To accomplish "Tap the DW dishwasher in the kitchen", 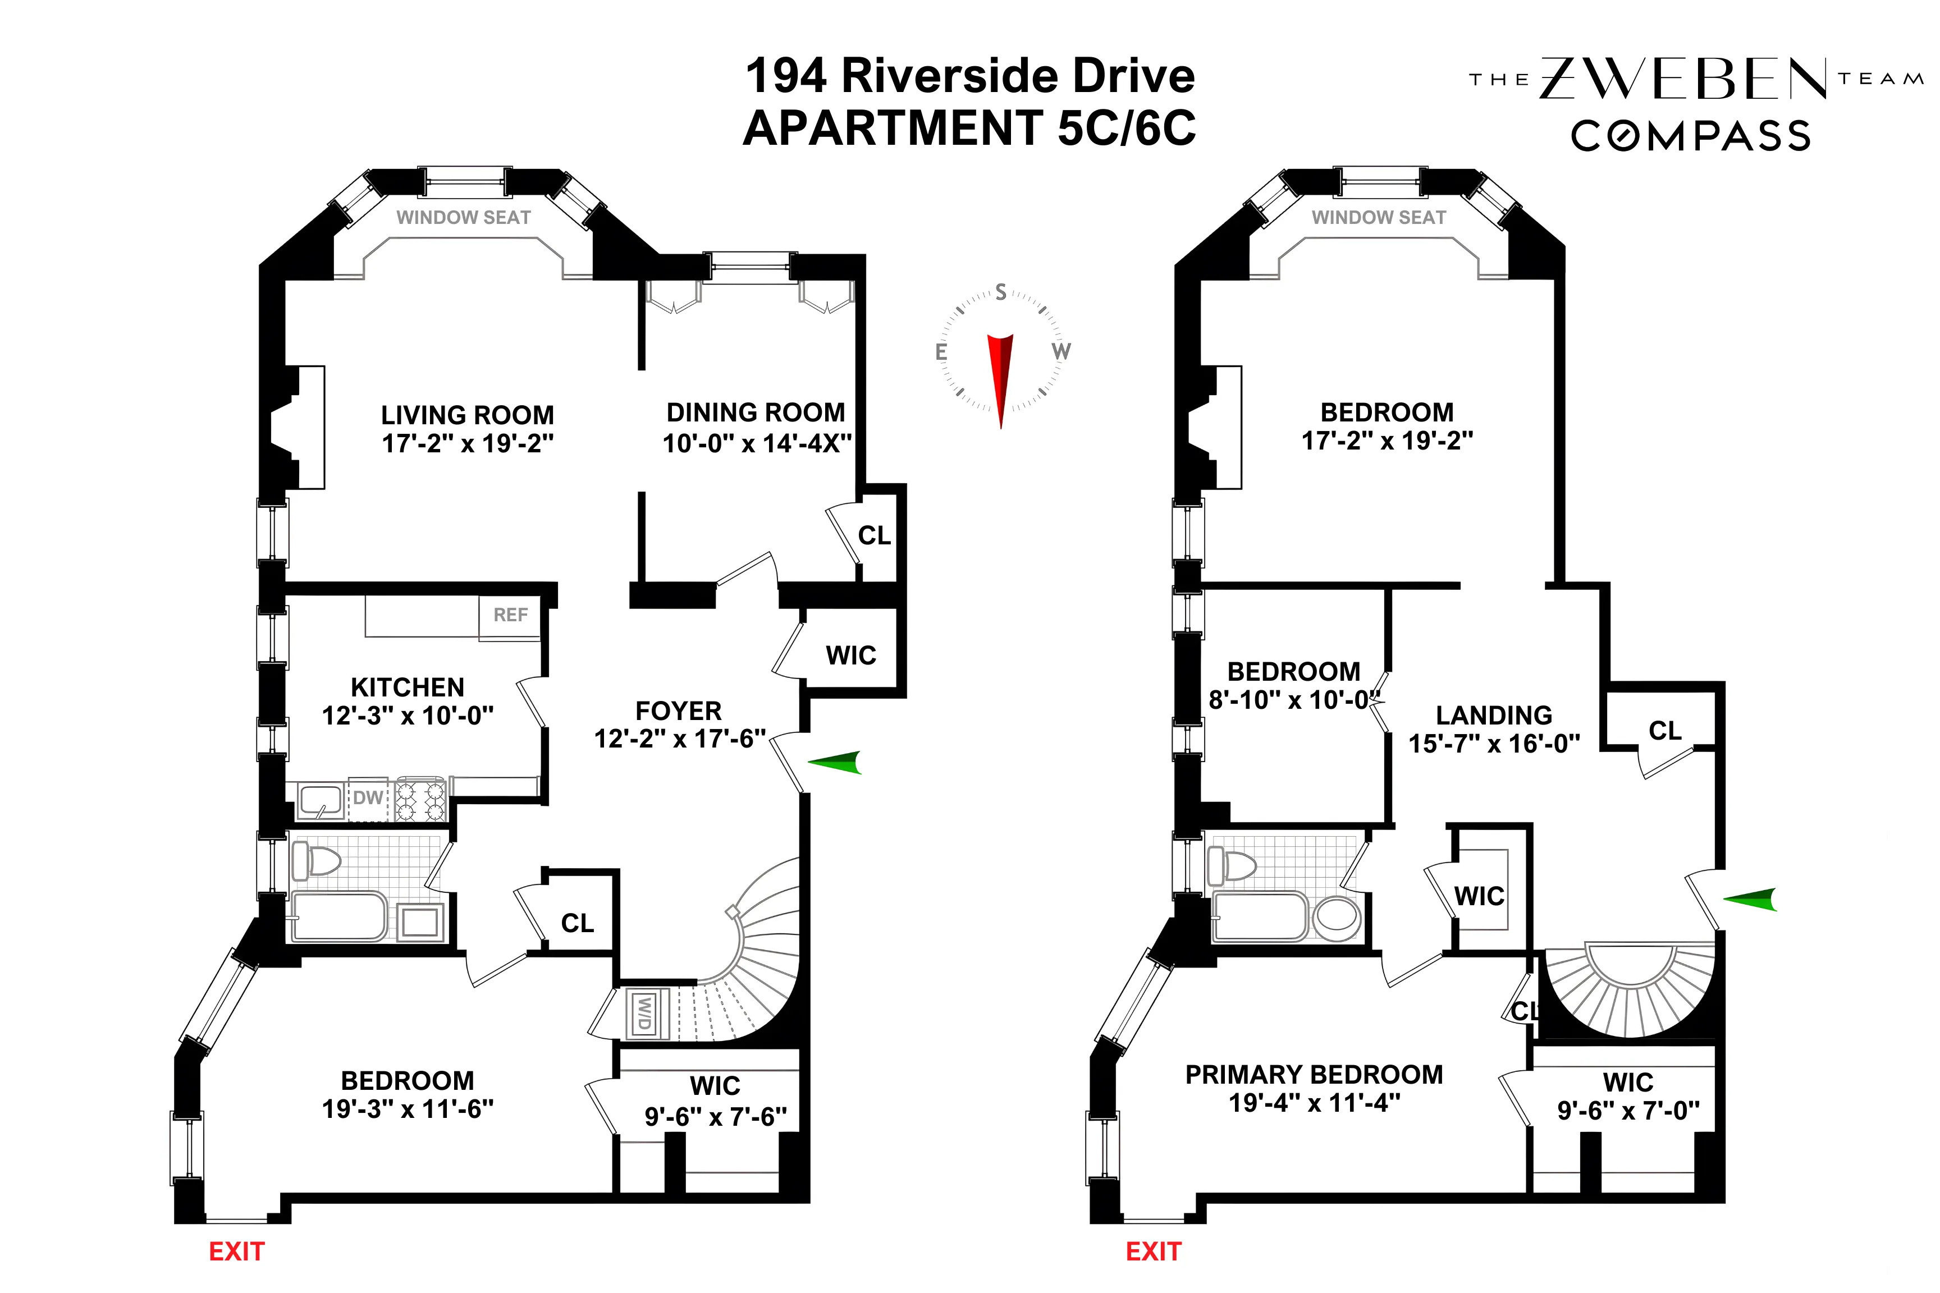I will pyautogui.click(x=368, y=798).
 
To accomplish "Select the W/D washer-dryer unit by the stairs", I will pyautogui.click(x=643, y=1012).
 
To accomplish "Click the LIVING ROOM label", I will pyautogui.click(x=467, y=415).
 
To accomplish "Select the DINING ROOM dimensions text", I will pyautogui.click(x=756, y=444).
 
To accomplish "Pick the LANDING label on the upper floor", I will pyautogui.click(x=1494, y=715).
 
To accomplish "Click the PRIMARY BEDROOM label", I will pyautogui.click(x=1314, y=1075).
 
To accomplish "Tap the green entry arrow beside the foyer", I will pyautogui.click(x=835, y=763).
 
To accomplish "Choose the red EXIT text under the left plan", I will pyautogui.click(x=237, y=1252).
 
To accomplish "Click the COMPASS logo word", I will pyautogui.click(x=1690, y=136).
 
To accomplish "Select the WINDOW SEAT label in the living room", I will pyautogui.click(x=464, y=218).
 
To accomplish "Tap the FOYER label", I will pyautogui.click(x=678, y=711).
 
